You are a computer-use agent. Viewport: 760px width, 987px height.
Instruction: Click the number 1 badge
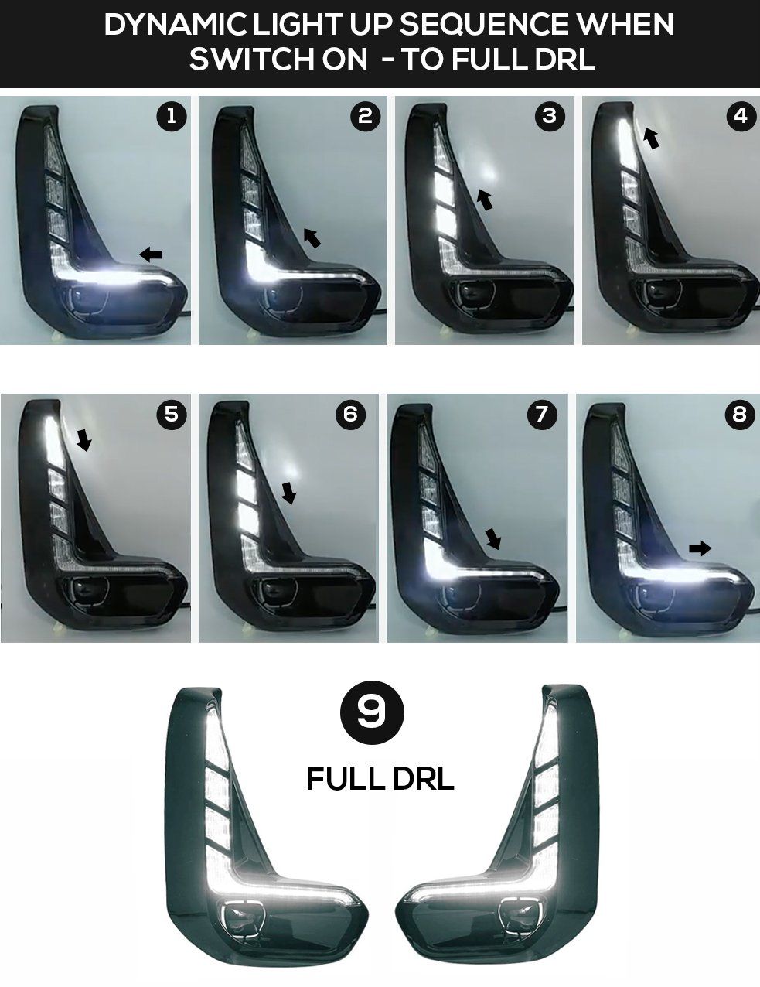coord(171,117)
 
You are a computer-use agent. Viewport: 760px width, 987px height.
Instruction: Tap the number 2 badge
coord(366,117)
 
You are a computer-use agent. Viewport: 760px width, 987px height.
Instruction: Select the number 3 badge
coord(550,116)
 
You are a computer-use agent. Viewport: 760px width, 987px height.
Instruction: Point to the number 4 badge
coord(741,116)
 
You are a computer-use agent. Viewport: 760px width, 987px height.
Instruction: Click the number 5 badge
coord(171,414)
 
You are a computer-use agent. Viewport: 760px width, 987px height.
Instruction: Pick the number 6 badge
coord(350,414)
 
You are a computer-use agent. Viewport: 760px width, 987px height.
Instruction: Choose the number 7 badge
coord(542,414)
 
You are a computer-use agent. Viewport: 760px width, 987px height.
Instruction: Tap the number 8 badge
coord(741,414)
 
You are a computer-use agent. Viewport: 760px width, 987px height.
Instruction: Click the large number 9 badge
coord(372,712)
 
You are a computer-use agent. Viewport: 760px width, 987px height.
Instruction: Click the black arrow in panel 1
coord(150,254)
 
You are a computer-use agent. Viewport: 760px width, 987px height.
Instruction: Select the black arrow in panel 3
coord(485,200)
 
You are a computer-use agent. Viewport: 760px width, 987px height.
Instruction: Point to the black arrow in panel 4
coord(652,138)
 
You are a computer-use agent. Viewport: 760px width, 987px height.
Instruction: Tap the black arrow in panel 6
coord(288,493)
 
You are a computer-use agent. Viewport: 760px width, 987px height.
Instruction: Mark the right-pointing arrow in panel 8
coord(700,548)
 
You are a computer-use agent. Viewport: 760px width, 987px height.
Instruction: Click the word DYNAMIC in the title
coord(176,25)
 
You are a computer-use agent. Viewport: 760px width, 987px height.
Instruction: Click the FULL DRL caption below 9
coord(380,779)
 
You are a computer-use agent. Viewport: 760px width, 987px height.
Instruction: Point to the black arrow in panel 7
coord(493,538)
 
